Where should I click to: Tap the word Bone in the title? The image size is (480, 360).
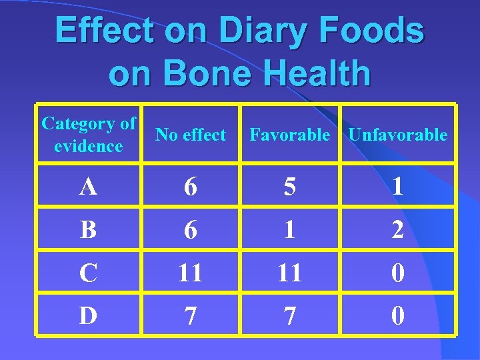202,74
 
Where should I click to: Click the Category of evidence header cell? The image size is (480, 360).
88,135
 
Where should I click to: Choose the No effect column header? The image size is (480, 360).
191,135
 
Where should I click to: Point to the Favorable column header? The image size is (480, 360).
289,135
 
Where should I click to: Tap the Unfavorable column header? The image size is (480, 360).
398,135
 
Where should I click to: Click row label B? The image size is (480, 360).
88,230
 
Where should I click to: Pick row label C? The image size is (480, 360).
88,273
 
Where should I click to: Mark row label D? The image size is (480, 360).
88,315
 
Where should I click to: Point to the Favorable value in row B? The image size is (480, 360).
289,230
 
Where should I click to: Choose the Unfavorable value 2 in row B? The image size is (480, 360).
398,230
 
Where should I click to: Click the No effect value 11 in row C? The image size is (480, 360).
191,273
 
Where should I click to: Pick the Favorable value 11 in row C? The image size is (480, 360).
289,273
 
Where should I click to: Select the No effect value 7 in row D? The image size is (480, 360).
191,315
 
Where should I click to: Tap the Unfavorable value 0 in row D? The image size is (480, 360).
398,315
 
